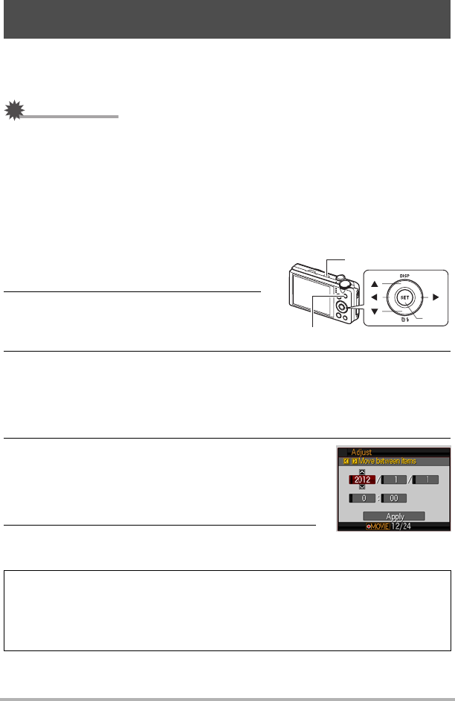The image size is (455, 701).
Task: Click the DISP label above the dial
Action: point(404,274)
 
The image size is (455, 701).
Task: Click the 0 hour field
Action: point(363,499)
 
